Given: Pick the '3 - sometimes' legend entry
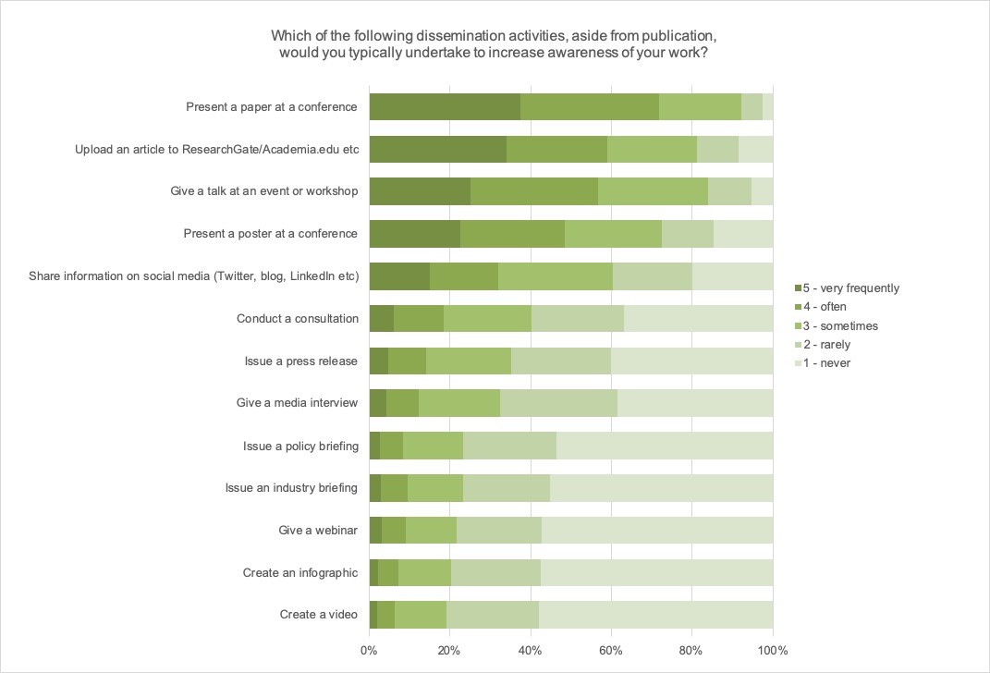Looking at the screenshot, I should click(841, 325).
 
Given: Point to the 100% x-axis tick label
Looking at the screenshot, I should click(773, 650).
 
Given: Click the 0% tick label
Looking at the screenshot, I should click(369, 650).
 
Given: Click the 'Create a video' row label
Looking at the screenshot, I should click(318, 615).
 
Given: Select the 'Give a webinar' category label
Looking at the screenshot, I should click(318, 531).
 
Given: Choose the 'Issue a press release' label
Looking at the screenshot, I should click(301, 361).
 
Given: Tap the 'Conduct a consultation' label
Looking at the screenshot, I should click(298, 319).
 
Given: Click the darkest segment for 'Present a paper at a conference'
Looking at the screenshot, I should click(445, 106).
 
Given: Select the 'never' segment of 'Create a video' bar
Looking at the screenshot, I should click(655, 615).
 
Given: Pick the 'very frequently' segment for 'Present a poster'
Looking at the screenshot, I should click(415, 234).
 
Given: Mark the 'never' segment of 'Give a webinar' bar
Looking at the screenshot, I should click(657, 531).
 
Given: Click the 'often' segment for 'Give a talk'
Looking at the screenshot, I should click(534, 191).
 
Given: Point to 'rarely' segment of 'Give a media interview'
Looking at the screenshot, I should click(558, 403).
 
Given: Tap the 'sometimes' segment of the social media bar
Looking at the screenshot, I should click(556, 276).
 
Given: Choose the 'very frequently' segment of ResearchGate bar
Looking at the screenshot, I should click(438, 149).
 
